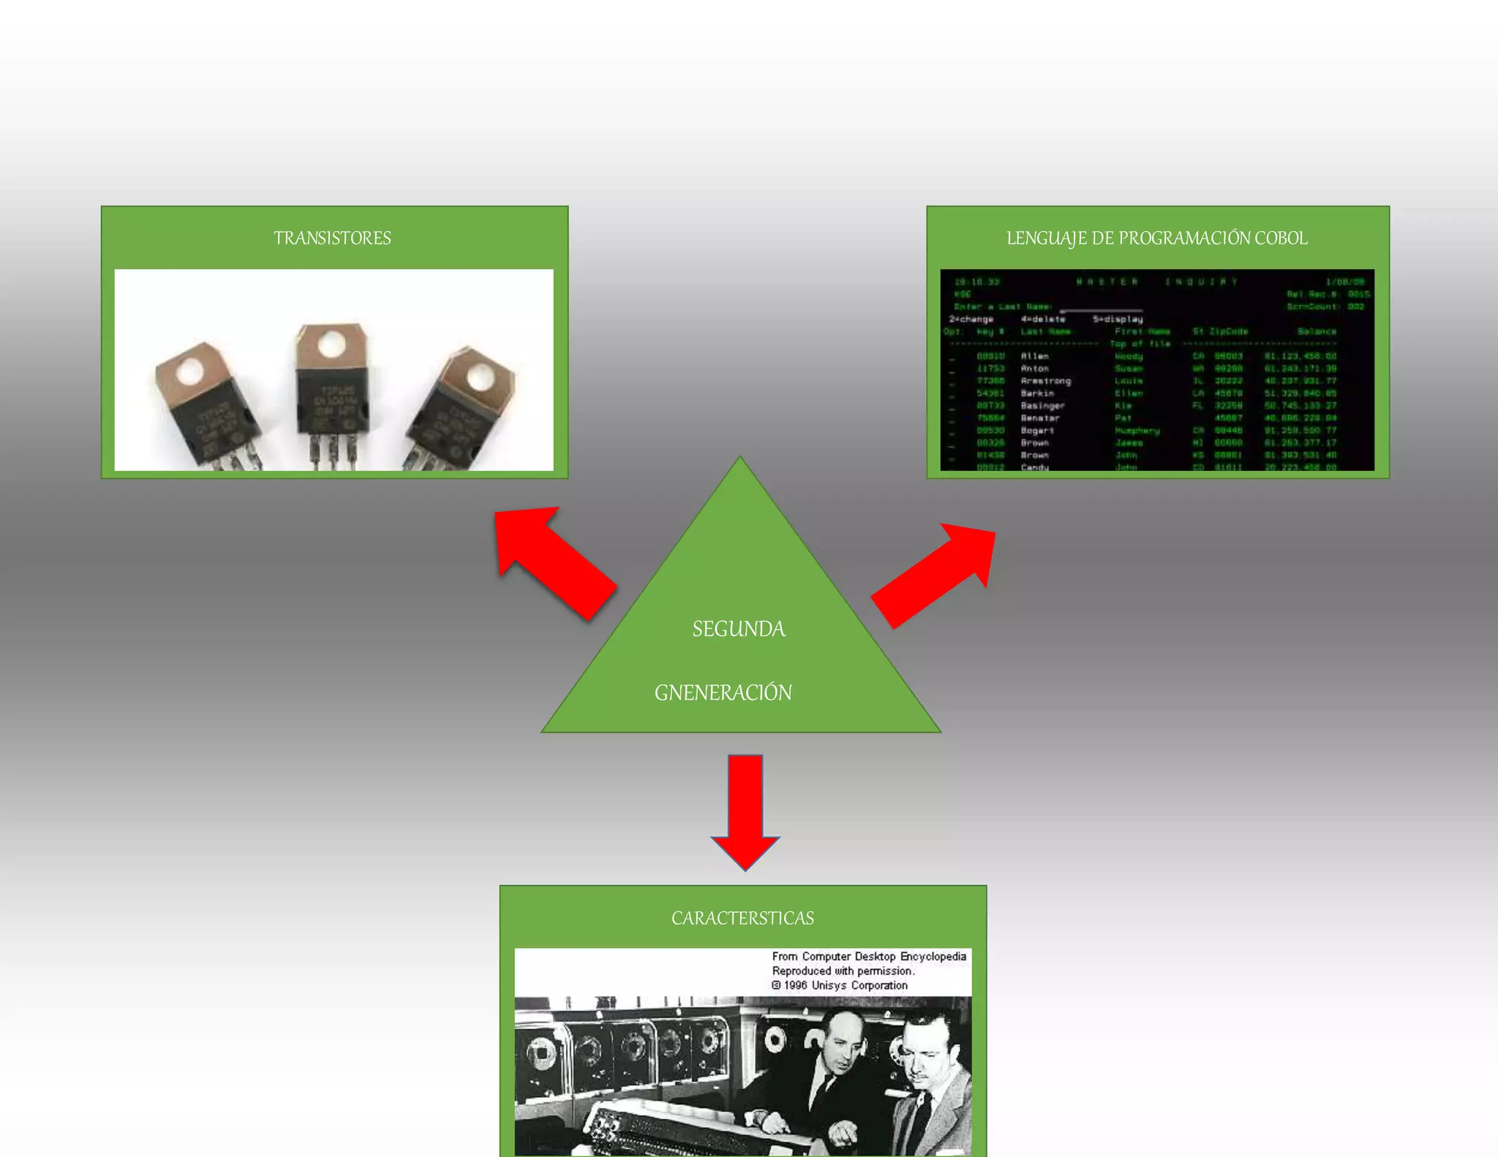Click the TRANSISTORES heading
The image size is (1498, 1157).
point(332,238)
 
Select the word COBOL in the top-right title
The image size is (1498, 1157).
point(1281,238)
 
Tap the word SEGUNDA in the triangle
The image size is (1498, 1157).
point(739,629)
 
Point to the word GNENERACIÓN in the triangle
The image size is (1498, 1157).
point(723,693)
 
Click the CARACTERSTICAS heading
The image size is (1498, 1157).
point(742,919)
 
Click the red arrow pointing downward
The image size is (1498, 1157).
point(745,812)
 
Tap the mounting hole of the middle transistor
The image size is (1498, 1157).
point(331,344)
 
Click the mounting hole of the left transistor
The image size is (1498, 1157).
point(189,371)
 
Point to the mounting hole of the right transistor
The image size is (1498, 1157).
point(479,379)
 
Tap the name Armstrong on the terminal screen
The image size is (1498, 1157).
point(1046,381)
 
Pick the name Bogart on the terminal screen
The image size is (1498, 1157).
point(1037,431)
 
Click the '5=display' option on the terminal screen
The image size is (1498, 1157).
point(1118,320)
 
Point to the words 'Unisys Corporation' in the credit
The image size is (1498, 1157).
point(859,986)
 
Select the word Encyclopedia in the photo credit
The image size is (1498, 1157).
point(933,957)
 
